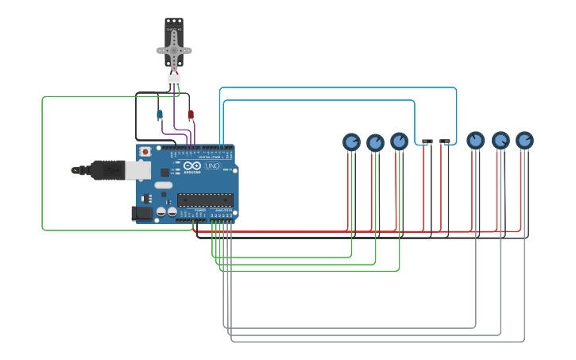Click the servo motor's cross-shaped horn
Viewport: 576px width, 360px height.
tap(174, 50)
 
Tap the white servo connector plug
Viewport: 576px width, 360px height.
tap(174, 80)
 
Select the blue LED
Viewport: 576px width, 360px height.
tap(160, 115)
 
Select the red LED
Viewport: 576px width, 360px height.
tap(190, 115)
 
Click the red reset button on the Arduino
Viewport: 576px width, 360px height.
tap(145, 151)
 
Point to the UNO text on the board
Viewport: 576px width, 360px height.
tap(212, 167)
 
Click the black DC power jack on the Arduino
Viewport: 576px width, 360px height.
tap(142, 213)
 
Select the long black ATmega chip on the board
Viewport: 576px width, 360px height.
tap(205, 199)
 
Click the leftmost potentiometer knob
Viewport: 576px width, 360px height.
tap(351, 141)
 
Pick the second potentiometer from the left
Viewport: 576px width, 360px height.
tap(375, 142)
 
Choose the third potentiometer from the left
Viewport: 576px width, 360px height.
tap(399, 141)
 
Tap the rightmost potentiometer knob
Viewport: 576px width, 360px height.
tap(524, 140)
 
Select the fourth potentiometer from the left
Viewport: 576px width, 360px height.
tap(475, 140)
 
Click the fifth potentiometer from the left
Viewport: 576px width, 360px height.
tap(500, 141)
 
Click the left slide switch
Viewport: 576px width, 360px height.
tap(427, 141)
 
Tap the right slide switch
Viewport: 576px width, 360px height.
tap(445, 141)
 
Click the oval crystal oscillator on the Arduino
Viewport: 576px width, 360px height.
tap(163, 185)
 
